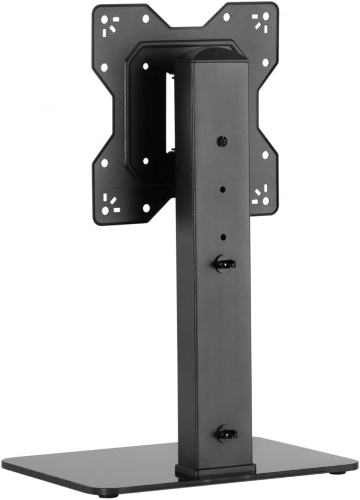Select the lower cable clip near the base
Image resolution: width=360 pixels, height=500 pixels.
(x=225, y=433)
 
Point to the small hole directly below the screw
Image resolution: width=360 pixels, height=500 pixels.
(x=223, y=189)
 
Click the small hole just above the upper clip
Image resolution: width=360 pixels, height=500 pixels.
(x=223, y=238)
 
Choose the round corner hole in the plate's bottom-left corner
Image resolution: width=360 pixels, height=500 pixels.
(x=105, y=211)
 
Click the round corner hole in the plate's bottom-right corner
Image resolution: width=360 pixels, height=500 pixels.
(x=266, y=200)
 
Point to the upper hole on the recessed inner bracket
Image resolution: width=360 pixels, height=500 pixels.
(x=145, y=66)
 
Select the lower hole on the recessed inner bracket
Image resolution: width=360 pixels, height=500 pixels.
(x=145, y=161)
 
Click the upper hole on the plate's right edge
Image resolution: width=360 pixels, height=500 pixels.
(x=266, y=63)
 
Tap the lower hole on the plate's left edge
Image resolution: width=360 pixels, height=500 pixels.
(x=104, y=163)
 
